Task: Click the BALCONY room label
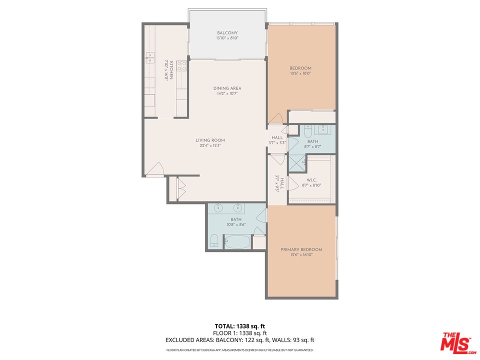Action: (227, 33)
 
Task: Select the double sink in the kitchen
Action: (150, 56)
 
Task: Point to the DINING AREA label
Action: (227, 88)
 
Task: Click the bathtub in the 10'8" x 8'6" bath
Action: (237, 242)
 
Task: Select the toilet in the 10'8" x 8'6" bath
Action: (214, 240)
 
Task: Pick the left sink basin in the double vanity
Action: (219, 208)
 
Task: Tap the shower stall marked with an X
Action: (296, 162)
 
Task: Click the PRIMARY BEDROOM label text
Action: (301, 249)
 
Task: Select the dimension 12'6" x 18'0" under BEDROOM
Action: (300, 73)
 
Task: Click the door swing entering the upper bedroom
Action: (275, 118)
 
